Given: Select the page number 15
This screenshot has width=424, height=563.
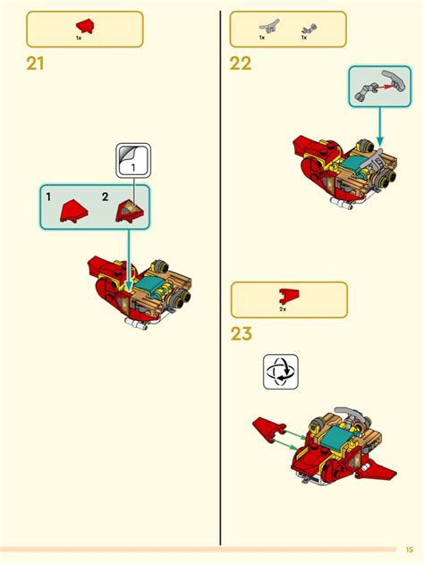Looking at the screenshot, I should [x=409, y=549].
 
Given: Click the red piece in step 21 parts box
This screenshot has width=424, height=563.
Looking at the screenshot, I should [x=84, y=24].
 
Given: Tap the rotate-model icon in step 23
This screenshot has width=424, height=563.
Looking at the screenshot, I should [x=280, y=372].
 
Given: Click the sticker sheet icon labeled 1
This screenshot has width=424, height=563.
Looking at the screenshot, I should [x=132, y=161].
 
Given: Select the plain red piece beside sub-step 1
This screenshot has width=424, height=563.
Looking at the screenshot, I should [x=71, y=211].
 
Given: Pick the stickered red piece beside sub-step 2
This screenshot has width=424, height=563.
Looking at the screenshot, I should [x=129, y=210].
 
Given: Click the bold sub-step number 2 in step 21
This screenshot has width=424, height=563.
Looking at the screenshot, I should [x=105, y=195].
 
